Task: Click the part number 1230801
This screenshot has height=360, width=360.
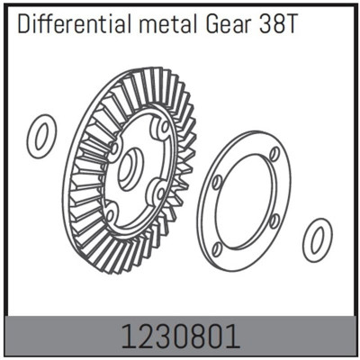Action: (x=181, y=336)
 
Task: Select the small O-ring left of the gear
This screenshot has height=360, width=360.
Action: (x=41, y=136)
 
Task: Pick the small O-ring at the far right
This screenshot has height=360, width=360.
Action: (x=317, y=239)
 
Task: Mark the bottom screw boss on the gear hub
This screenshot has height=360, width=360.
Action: (x=110, y=214)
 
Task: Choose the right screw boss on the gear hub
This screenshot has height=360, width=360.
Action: (x=158, y=191)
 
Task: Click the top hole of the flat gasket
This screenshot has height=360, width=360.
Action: (x=274, y=155)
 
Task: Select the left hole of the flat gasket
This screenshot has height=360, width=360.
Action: (x=217, y=183)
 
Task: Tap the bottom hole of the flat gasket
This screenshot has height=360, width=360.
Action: (x=219, y=246)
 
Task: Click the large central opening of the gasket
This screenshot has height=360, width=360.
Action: (x=245, y=201)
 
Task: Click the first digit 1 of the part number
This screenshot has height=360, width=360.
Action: (x=129, y=336)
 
